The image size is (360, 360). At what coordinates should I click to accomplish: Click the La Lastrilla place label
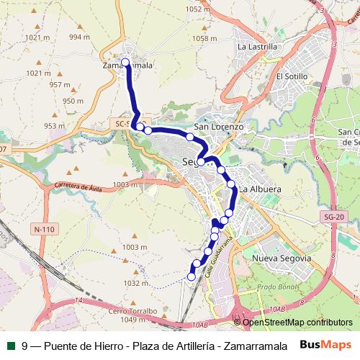coord(257,46)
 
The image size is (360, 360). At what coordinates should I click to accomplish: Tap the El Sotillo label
coord(292,76)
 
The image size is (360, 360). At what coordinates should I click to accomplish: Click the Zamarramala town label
coord(129,65)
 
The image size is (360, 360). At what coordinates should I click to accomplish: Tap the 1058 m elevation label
coord(204,38)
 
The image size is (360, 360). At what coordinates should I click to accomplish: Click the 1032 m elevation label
coord(135,283)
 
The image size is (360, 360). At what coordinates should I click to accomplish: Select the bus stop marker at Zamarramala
coord(126,61)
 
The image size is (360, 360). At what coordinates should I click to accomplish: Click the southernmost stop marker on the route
coord(192,276)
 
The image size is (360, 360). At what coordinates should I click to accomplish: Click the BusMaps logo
coord(326,344)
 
